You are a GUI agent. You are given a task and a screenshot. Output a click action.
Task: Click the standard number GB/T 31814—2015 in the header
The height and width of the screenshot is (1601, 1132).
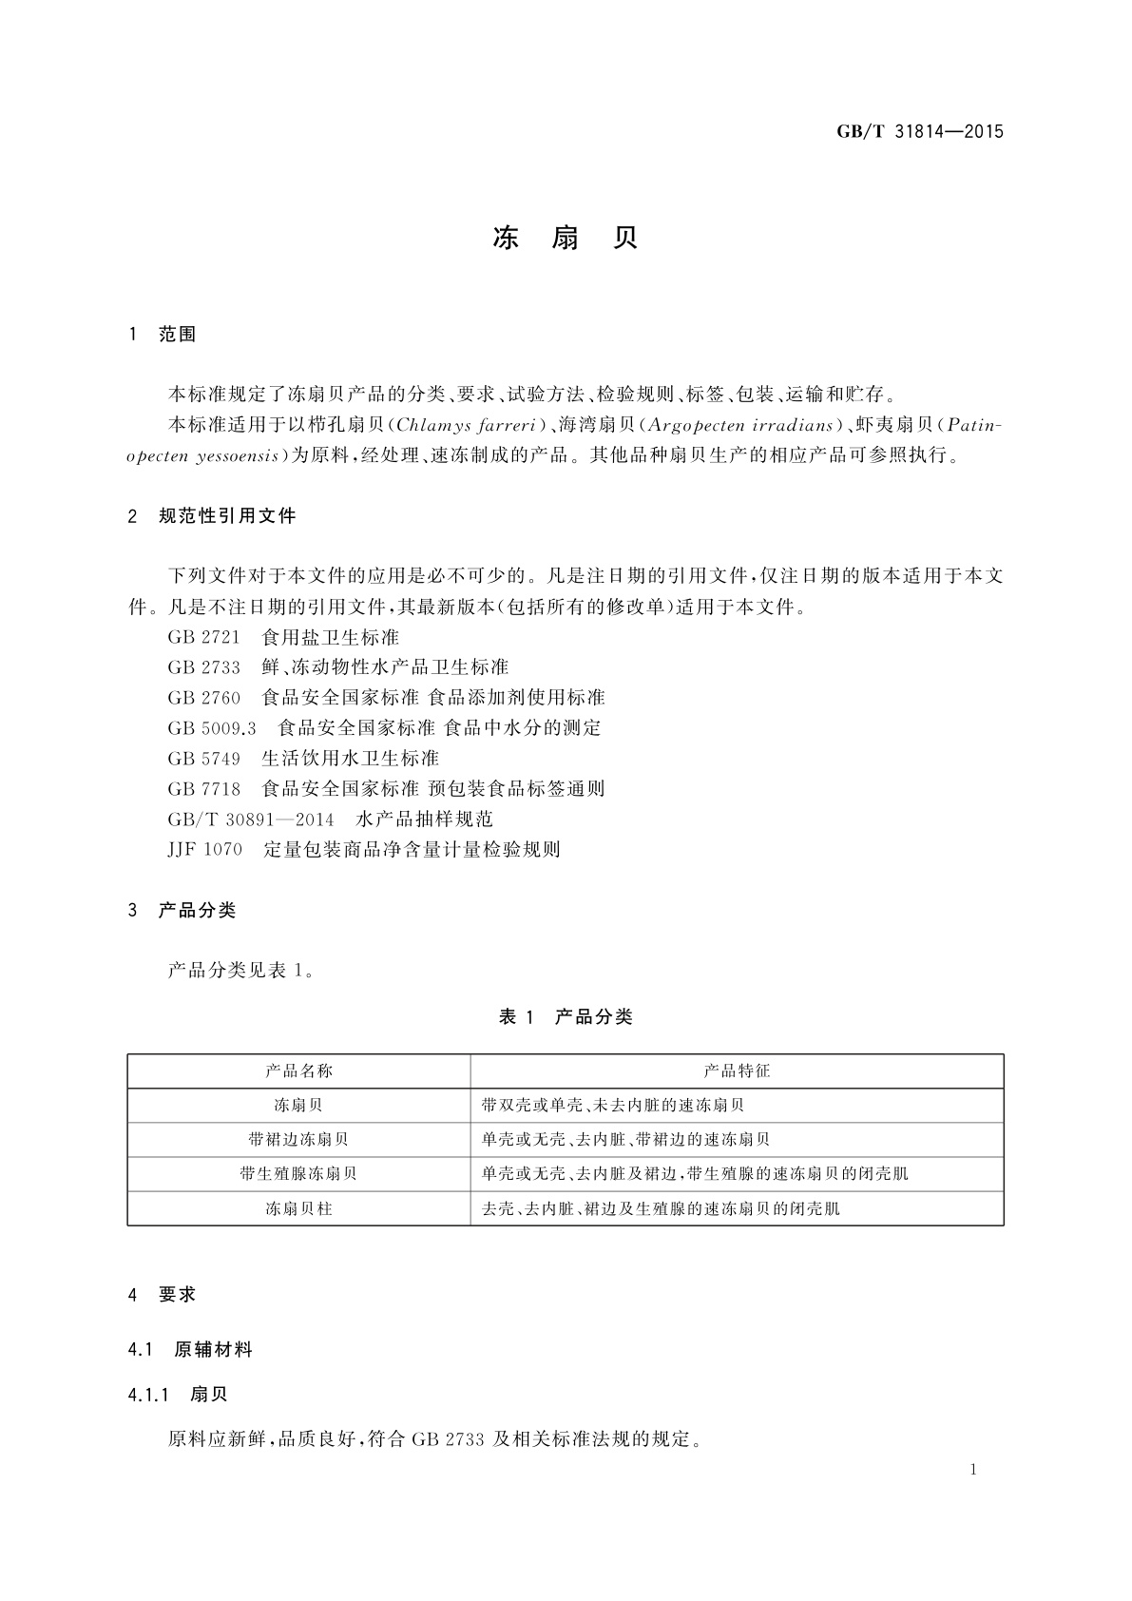point(919,132)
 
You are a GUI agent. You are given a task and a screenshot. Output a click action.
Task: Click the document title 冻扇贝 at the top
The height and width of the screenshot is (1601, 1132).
point(565,239)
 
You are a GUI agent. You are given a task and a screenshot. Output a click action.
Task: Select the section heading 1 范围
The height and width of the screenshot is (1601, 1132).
point(162,335)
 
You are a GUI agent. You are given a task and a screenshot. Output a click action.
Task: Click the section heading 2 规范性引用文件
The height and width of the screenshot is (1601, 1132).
point(212,516)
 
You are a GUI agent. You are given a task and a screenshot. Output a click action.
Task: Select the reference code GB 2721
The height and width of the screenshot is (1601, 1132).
point(203,637)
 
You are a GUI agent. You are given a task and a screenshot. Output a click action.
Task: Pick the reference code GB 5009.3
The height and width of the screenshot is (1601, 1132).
point(212,728)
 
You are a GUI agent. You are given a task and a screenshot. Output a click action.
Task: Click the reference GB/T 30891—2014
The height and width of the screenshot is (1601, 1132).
point(251,820)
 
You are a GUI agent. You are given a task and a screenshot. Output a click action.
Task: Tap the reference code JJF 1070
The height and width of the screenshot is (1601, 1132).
point(205,850)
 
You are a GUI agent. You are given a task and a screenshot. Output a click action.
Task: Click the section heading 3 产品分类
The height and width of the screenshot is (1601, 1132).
point(182,911)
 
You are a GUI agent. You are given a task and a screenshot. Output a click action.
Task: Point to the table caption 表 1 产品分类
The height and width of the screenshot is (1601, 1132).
point(565,1017)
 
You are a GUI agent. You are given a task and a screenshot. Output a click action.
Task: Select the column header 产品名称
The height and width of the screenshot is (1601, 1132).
point(298,1071)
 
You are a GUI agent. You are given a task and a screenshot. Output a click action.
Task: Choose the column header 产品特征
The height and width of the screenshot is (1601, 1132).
point(737,1071)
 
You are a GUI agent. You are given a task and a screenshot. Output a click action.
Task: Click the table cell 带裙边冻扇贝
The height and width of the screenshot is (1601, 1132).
point(298,1140)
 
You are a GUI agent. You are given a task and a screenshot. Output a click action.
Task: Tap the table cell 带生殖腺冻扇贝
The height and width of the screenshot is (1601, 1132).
point(298,1174)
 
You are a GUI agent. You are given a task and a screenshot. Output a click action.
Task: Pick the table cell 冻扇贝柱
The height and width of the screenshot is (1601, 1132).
point(298,1209)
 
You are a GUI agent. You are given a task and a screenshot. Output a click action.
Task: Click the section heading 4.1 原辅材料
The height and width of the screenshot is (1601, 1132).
point(190,1349)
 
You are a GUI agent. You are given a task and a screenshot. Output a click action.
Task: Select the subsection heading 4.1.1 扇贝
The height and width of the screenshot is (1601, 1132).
point(178,1395)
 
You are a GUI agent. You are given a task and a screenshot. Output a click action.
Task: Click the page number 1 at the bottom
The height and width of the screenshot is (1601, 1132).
point(973,1470)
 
